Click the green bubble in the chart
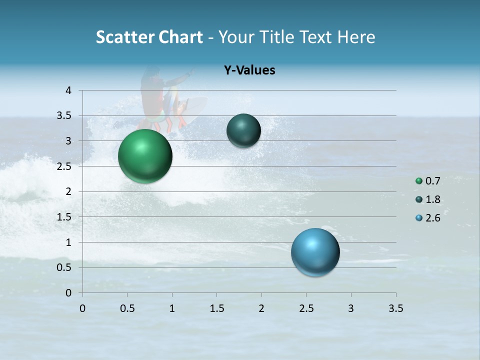point(145,156)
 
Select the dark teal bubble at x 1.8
point(243,130)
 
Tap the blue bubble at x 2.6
point(315,252)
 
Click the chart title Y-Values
point(249,70)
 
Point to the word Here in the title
point(356,37)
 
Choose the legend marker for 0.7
point(419,181)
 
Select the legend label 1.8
point(433,199)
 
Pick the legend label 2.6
point(433,218)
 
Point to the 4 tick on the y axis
point(69,90)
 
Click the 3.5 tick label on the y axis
point(64,116)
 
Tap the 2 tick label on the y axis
point(69,191)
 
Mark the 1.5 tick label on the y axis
point(64,217)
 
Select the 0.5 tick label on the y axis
point(64,267)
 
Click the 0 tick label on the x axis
point(82,308)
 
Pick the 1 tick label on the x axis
point(172,308)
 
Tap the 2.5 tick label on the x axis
point(306,308)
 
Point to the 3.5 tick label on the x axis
point(395,308)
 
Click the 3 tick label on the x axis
point(351,308)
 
